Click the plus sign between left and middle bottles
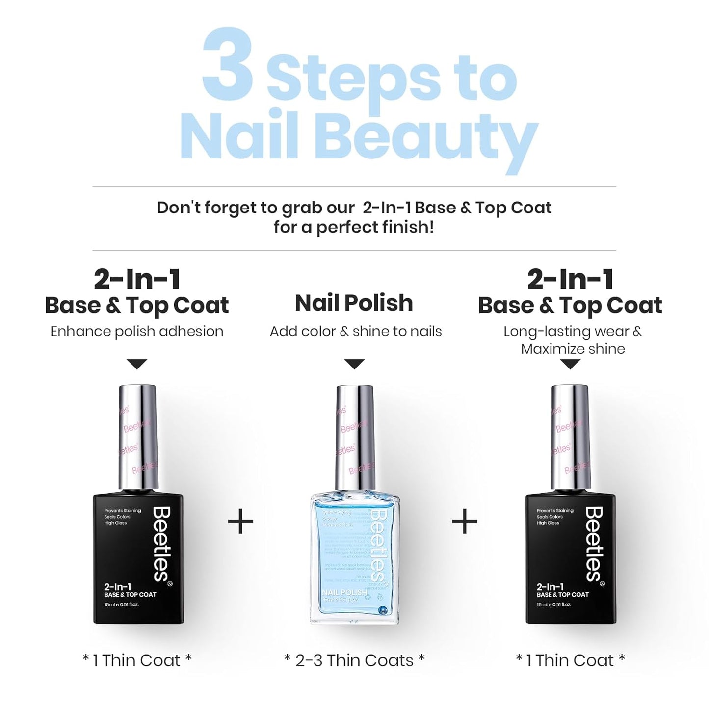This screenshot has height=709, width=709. pos(240,522)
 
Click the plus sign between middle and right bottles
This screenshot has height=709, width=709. pos(464,522)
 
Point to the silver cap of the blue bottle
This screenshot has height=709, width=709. pos(355,437)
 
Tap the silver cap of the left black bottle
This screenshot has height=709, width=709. pos(138,437)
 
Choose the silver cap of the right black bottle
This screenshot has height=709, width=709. pos(570,437)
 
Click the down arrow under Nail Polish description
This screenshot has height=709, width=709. pos(354,364)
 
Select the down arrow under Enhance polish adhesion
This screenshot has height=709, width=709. pos(137,364)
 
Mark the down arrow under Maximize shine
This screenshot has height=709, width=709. pos(570,364)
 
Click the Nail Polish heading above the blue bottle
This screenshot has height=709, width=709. pos(354,303)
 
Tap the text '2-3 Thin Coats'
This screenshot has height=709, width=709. pos(354,660)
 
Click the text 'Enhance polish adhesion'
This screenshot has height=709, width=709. pos(137,332)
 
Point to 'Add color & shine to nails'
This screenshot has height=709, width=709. pos(356,332)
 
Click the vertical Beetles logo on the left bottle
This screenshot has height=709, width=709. pos(161,545)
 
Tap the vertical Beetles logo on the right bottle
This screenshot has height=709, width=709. pos(594,545)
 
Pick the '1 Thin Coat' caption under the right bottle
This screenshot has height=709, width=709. pos(570,660)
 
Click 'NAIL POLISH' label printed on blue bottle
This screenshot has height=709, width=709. pos(344,593)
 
